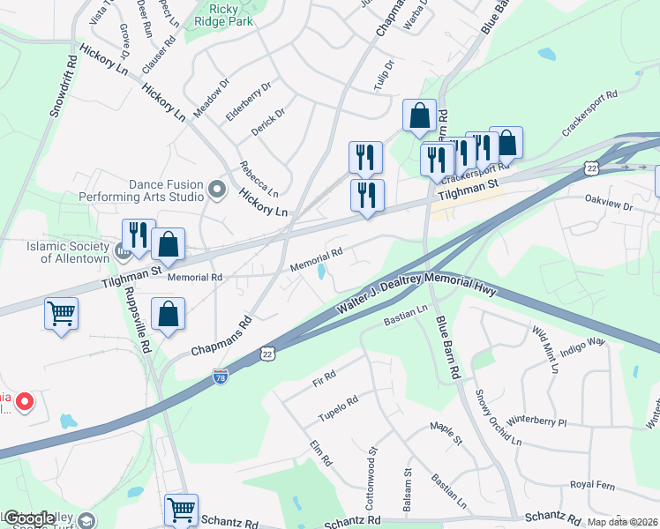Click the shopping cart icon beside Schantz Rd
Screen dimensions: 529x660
click(x=181, y=509)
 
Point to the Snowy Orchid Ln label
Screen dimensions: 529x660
click(x=492, y=416)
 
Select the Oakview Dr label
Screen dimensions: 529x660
click(x=610, y=204)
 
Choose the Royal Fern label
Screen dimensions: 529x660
click(x=592, y=484)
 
